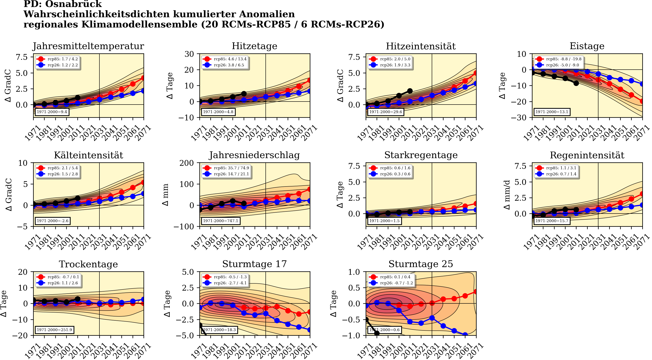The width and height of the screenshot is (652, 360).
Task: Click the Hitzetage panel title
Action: point(254,46)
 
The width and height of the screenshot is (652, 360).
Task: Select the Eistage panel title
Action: point(587,46)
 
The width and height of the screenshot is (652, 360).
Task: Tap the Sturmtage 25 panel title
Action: point(421,264)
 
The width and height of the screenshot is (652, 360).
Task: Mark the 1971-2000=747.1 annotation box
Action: point(221,221)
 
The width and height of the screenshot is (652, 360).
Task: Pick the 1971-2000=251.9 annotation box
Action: point(54,330)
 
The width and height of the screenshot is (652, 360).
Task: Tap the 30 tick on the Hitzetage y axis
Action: point(189,54)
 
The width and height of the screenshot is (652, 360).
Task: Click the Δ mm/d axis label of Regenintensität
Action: point(507,195)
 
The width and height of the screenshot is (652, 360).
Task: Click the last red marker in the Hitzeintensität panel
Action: point(476,73)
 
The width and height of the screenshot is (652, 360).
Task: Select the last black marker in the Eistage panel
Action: point(576,83)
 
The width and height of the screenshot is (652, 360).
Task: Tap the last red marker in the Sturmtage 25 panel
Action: point(476,292)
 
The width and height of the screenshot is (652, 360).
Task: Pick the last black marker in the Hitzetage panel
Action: point(244,94)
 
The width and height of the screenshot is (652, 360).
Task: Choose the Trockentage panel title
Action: point(88,264)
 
